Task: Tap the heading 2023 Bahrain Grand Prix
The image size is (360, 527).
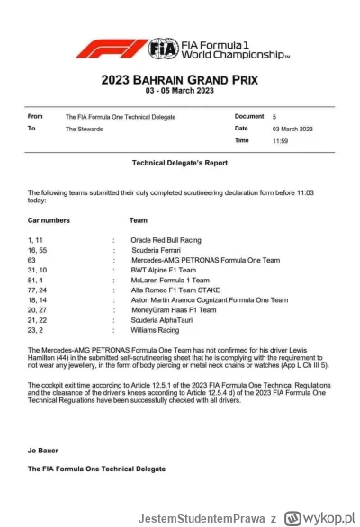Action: (179, 78)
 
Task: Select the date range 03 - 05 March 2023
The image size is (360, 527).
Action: (180, 92)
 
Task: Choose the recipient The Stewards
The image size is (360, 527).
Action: (84, 129)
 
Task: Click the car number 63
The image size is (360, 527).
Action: (32, 260)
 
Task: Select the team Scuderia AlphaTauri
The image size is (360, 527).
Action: (161, 319)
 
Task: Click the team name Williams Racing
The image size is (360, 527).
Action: (155, 329)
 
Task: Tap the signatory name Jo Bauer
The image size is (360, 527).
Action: (45, 447)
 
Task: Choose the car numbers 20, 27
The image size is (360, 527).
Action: (39, 309)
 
